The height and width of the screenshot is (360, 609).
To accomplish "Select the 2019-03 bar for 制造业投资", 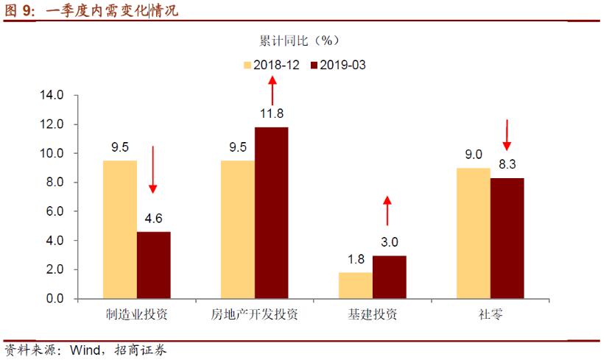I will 153,265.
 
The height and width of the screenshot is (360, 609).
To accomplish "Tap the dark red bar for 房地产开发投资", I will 271,213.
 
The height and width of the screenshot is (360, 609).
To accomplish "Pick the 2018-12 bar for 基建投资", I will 355,286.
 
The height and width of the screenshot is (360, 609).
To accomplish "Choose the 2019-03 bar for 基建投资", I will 389,277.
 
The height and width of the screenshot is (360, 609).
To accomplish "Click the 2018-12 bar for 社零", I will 473,233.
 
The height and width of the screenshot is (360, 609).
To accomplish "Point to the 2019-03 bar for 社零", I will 507,239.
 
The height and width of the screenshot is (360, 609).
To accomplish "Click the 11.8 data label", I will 272,113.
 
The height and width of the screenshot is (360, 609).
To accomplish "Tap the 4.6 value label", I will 153,218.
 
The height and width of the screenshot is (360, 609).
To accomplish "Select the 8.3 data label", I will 507,164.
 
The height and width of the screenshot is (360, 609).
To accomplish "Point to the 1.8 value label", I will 355,258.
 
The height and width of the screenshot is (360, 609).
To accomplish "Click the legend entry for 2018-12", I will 271,65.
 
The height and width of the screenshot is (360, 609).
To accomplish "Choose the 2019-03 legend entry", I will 338,65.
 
